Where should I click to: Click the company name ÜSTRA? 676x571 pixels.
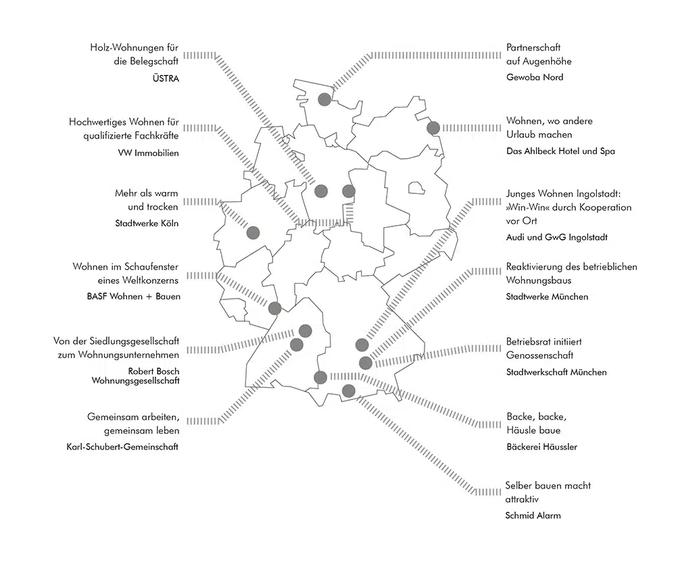[x=166, y=78]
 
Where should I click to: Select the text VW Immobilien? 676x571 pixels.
[x=148, y=153]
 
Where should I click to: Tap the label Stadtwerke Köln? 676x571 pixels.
[x=147, y=223]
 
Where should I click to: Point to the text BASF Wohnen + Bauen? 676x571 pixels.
[x=134, y=297]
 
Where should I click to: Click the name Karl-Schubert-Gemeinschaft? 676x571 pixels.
[x=122, y=447]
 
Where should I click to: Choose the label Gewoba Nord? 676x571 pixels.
[x=535, y=77]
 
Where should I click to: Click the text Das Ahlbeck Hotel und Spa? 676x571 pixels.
[x=560, y=151]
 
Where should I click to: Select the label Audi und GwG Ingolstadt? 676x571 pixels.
[x=556, y=237]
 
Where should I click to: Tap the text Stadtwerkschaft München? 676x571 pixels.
[x=556, y=372]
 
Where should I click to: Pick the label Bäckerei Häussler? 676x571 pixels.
[x=541, y=447]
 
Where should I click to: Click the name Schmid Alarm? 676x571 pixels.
[x=533, y=516]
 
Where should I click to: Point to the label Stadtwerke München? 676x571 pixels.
[x=547, y=297]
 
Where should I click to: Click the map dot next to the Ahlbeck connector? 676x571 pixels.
[x=433, y=128]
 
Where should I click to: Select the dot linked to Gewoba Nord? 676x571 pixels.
[x=324, y=99]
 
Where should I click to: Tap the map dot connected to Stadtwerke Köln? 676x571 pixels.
[x=253, y=233]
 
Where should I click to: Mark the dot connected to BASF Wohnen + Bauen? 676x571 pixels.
[x=274, y=308]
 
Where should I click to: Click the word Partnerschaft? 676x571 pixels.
[x=533, y=47]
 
